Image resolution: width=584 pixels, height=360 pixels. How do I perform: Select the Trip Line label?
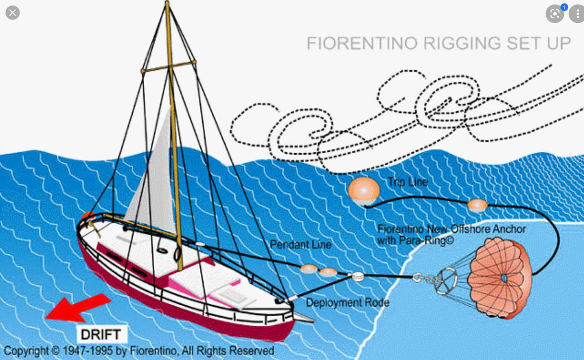(408, 182)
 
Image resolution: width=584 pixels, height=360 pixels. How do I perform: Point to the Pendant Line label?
(301, 245)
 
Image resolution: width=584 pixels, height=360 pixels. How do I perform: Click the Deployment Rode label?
(347, 303)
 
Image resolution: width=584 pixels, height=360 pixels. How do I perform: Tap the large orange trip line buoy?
(364, 190)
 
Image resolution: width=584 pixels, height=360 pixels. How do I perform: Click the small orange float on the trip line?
(477, 205)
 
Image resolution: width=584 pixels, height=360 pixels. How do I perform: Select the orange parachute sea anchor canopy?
(500, 277)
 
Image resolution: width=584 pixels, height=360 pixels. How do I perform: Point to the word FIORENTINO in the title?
(362, 43)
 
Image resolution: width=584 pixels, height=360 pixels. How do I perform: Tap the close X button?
(12, 13)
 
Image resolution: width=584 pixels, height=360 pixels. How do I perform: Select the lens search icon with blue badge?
(555, 13)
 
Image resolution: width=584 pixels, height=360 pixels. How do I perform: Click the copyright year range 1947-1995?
(86, 351)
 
